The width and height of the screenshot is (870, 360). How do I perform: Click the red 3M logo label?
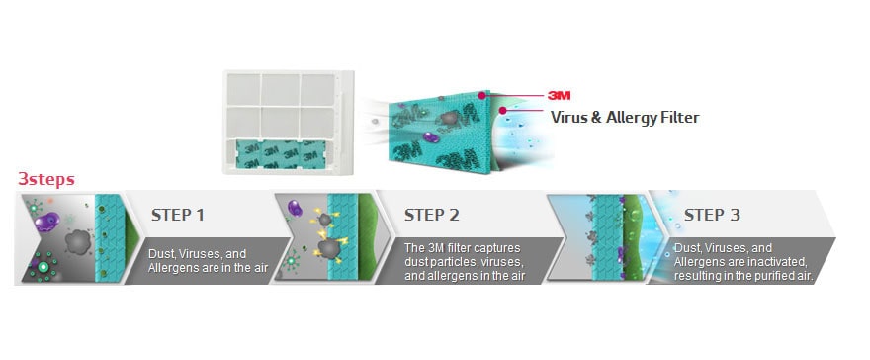[x=560, y=95]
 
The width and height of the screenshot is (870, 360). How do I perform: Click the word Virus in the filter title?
[x=572, y=118]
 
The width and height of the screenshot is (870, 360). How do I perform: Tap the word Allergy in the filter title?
[x=634, y=118]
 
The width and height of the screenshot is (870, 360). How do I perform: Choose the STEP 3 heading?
[x=712, y=215]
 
